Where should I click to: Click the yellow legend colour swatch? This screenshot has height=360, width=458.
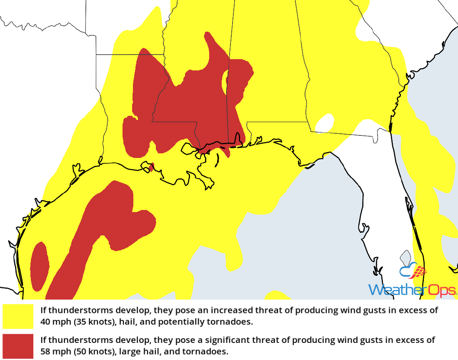pyautogui.click(x=18, y=316)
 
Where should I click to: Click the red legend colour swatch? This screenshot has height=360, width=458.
pyautogui.click(x=18, y=346)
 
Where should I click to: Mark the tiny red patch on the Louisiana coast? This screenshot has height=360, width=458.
pyautogui.click(x=151, y=167)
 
